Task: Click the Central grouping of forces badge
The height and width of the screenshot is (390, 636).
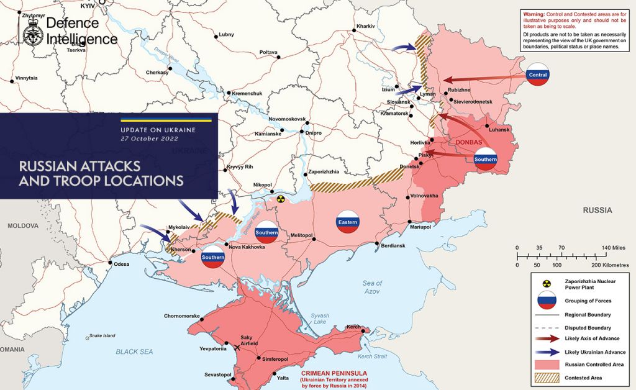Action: point(538,75)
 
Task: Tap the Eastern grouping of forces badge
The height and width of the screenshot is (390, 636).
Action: point(348,222)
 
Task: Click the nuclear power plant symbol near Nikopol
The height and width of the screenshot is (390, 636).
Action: point(281,200)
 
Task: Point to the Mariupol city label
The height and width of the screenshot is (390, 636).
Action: point(420,228)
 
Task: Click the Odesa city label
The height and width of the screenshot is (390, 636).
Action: point(122,264)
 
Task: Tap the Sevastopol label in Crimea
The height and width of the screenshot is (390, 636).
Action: point(218,374)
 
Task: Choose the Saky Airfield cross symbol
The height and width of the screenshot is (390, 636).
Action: point(237,348)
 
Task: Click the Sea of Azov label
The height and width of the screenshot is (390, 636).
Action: point(372,287)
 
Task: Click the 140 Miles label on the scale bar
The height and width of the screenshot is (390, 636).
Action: point(615,247)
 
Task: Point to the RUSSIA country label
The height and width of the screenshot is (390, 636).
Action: point(597,211)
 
